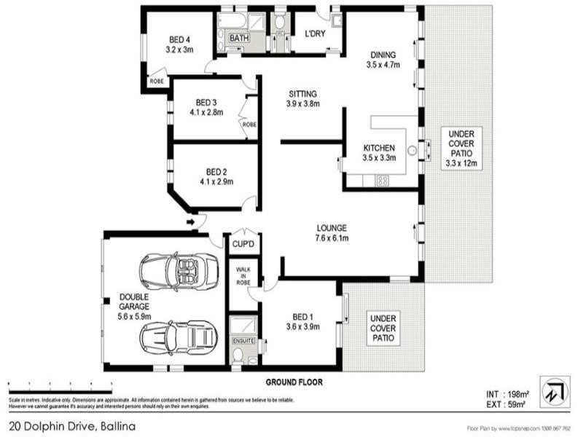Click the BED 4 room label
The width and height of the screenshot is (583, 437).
coord(179,44)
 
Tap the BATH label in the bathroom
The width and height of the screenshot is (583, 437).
coord(239,38)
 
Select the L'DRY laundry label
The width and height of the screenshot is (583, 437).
coord(315,34)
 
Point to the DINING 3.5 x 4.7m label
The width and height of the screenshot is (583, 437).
coord(383,59)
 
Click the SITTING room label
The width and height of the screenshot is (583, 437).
coord(302,98)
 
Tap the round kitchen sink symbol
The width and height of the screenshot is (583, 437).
coord(412,151)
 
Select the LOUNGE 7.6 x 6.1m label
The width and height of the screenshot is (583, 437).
coord(332,232)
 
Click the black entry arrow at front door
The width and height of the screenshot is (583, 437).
coord(191,221)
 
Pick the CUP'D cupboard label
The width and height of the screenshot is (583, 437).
coord(243,243)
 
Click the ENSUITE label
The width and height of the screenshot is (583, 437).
coord(243,340)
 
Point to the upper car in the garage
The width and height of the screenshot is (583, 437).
coord(179,271)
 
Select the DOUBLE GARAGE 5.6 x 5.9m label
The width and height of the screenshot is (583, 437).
coord(135,307)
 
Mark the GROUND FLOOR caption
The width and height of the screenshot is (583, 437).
coord(294,381)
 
